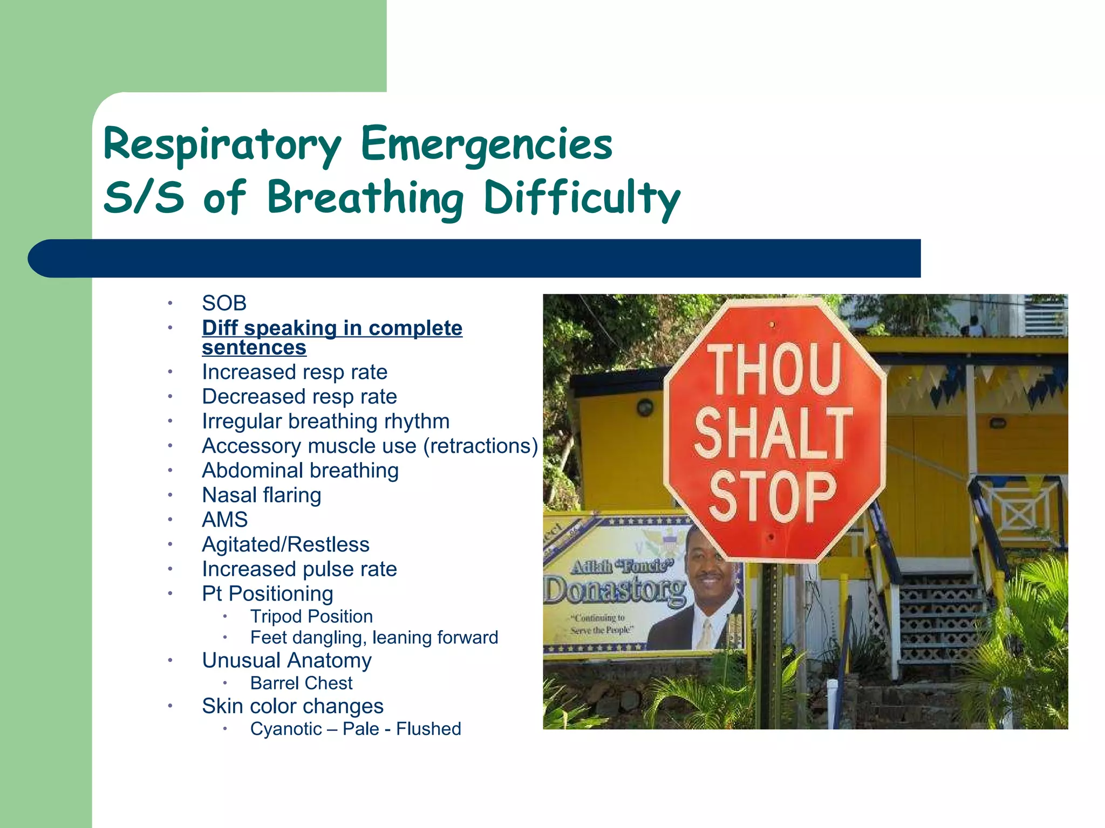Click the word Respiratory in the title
[x=222, y=144]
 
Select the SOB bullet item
[x=224, y=303]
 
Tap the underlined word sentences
[x=254, y=348]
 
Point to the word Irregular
[x=242, y=422]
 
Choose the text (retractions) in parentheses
[x=481, y=446]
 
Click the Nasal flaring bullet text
[x=262, y=495]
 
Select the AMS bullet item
[x=225, y=520]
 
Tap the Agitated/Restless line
[x=285, y=544]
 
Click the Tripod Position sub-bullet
[x=311, y=617]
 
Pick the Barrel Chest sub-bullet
[x=301, y=684]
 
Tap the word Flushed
[x=428, y=729]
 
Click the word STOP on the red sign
[x=773, y=496]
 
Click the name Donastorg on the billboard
[x=615, y=590]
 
